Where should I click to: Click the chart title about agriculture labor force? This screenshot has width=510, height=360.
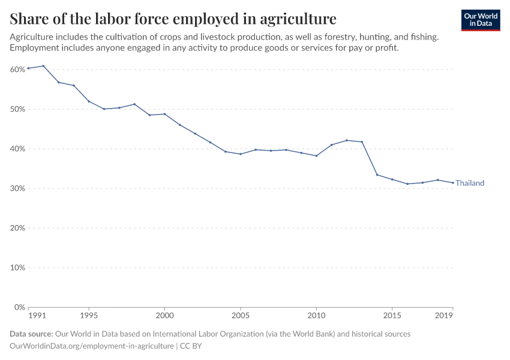pos(173,18)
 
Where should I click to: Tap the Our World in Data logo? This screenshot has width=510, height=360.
pos(481,20)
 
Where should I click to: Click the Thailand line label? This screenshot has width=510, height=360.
pos(469,183)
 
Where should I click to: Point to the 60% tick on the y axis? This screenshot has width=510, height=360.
pos(17,70)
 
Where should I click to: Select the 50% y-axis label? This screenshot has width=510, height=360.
pos(17,109)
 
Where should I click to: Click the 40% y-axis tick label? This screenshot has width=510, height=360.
pos(17,149)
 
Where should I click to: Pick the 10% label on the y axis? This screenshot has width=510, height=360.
pos(17,268)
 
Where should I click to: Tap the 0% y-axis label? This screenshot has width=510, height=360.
pos(19,307)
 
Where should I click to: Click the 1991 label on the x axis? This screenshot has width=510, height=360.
pos(37,315)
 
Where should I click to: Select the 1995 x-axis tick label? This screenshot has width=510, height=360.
pos(89,315)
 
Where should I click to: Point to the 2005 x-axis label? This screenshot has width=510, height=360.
pos(241,315)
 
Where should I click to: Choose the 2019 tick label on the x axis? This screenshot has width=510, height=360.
pos(444,315)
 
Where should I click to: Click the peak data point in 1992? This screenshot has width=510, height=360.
pos(43,66)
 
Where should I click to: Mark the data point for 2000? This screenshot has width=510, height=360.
pos(164,114)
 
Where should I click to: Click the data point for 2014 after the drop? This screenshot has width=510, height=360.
pos(377,175)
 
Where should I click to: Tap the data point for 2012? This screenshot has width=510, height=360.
pos(347,140)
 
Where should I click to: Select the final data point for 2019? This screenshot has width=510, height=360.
pos(452,183)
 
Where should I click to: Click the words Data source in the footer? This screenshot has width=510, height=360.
pos(31,334)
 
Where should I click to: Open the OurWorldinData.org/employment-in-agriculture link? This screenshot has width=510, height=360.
pos(92,346)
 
